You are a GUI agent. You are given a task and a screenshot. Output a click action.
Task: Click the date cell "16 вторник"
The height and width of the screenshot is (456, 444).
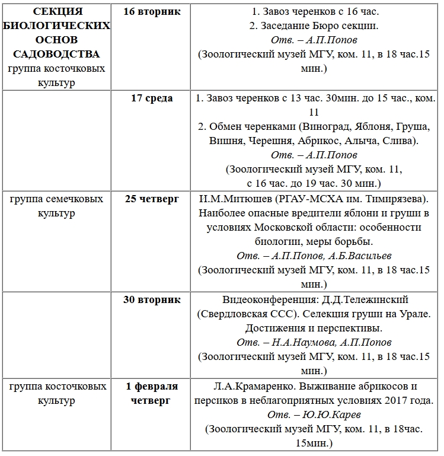tap(152, 12)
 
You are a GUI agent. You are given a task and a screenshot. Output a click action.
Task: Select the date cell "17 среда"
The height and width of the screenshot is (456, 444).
tap(152, 98)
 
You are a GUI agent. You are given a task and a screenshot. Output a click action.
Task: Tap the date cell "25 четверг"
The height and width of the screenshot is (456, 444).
tap(152, 199)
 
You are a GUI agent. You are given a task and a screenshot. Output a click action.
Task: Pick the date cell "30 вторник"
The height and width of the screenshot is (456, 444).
tap(152, 299)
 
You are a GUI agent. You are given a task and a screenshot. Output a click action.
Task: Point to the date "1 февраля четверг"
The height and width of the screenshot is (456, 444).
tap(152, 393)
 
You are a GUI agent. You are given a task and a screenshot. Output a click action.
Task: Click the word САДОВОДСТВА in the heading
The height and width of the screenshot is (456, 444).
tap(58, 55)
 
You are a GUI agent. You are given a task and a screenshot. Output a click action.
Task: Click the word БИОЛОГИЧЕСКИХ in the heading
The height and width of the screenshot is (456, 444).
tap(58, 26)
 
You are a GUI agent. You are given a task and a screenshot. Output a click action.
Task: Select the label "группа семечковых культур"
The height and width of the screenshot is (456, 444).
tap(58, 206)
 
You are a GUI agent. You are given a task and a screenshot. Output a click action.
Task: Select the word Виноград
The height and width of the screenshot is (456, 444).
tap(327, 127)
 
